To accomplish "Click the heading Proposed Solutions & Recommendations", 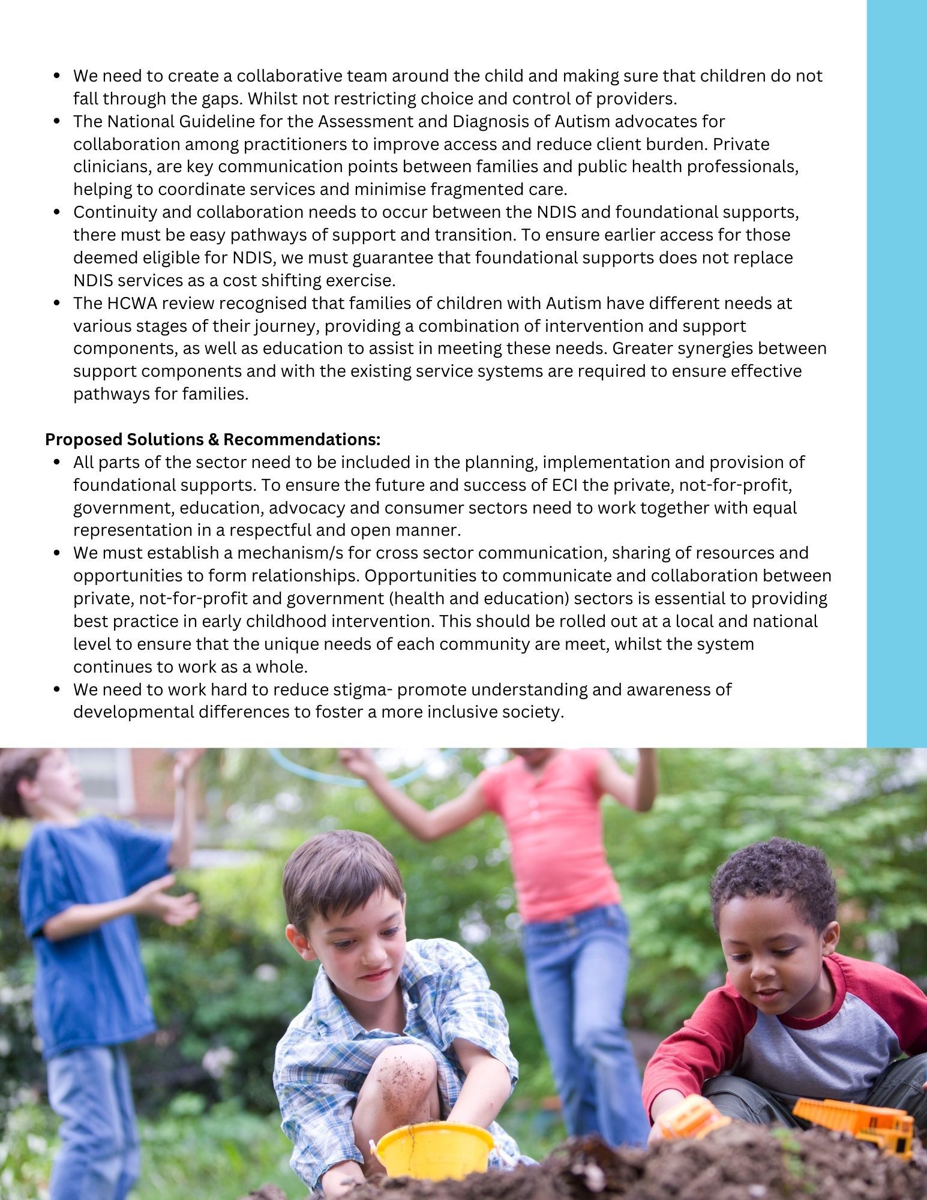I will (213, 440).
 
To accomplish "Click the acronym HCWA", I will (133, 304).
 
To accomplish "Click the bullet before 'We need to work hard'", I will (58, 690).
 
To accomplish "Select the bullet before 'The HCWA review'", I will (58, 304).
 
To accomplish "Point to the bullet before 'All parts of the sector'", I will (58, 463).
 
